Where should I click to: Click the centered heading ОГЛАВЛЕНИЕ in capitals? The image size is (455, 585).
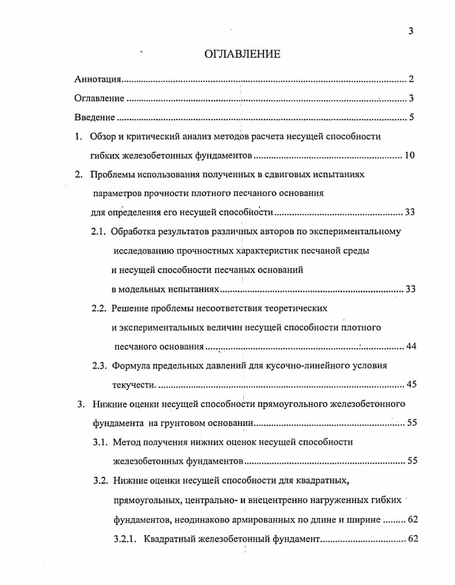(x=242, y=54)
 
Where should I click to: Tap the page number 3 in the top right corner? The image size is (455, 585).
(x=411, y=31)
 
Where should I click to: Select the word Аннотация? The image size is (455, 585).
(x=97, y=80)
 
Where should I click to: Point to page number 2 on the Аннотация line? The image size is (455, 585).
(x=411, y=80)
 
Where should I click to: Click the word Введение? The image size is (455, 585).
(x=94, y=118)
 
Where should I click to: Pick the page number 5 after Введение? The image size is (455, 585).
(x=411, y=118)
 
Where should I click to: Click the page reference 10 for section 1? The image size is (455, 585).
(x=409, y=155)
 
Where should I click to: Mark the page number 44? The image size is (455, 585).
(x=410, y=346)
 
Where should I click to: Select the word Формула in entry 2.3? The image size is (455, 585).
(x=132, y=366)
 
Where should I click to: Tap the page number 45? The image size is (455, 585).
(x=410, y=384)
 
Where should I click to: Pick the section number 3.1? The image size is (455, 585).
(x=100, y=442)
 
